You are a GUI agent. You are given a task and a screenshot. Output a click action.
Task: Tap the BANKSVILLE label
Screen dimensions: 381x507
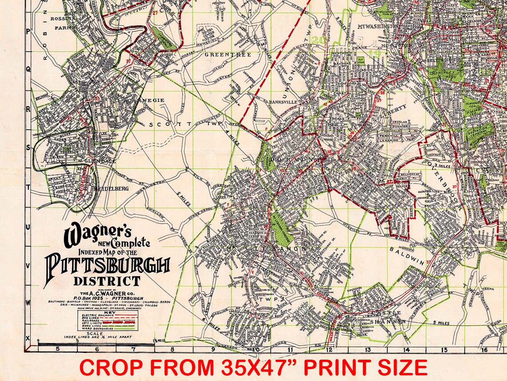tap(285, 102)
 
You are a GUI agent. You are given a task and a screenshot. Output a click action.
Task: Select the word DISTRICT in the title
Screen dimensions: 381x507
tap(107, 281)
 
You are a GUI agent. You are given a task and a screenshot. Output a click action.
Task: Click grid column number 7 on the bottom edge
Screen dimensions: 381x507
tap(133, 349)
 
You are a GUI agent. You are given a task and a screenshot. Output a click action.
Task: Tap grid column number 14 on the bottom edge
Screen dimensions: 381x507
tap(406, 349)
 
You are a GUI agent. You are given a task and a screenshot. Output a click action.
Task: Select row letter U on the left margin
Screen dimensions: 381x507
tap(28, 227)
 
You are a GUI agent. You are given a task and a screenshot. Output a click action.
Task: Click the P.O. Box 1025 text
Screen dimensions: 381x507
tap(91, 298)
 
